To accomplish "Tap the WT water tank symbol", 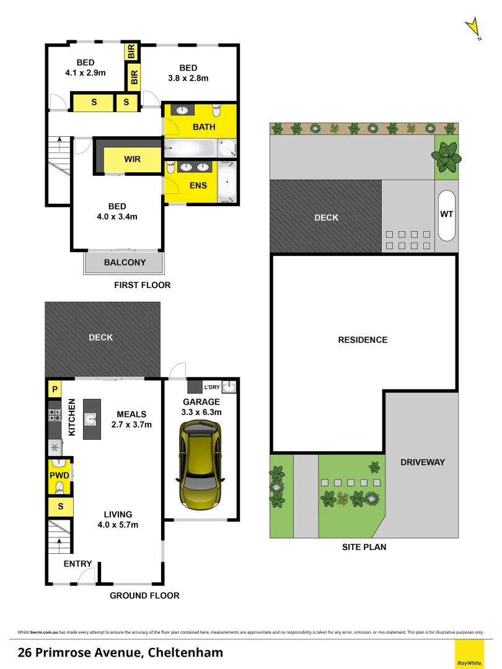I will click(x=446, y=214).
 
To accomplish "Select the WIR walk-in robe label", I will click(x=132, y=159).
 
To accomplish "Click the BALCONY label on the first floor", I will click(x=125, y=262).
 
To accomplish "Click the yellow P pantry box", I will click(x=55, y=390).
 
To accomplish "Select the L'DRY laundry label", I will click(x=212, y=388).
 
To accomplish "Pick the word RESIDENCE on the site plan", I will click(x=363, y=339).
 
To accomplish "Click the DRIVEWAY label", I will click(x=423, y=462).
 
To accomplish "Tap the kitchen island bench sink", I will click(x=92, y=419).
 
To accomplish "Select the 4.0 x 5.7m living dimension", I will click(x=118, y=525).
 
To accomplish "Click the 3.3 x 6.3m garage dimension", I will click(x=201, y=412).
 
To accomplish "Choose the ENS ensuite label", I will click(x=198, y=185).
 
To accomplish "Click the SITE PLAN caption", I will click(x=364, y=547).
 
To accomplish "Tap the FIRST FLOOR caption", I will click(x=142, y=285).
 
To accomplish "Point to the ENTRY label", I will click(x=78, y=564).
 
